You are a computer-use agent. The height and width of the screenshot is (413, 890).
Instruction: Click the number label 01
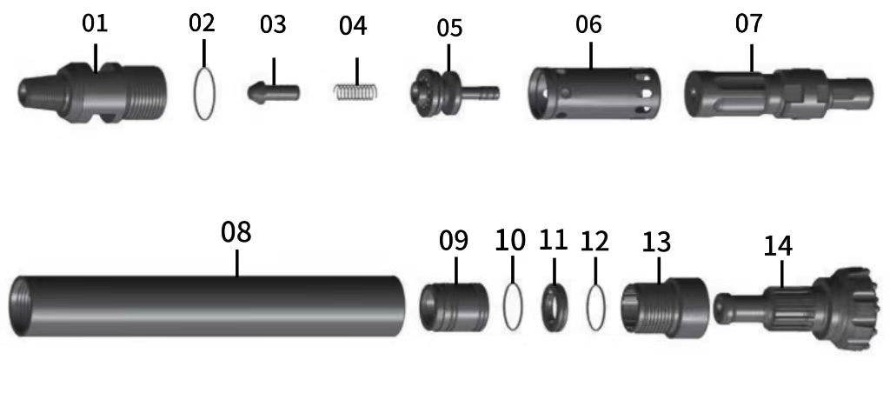click(96, 23)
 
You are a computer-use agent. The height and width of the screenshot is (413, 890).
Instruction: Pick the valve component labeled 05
click(448, 90)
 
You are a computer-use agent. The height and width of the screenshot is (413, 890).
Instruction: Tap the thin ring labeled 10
click(513, 305)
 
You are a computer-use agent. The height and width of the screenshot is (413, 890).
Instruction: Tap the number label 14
click(778, 246)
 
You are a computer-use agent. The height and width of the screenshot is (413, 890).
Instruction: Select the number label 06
click(588, 24)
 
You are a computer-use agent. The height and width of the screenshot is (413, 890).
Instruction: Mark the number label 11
click(553, 239)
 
